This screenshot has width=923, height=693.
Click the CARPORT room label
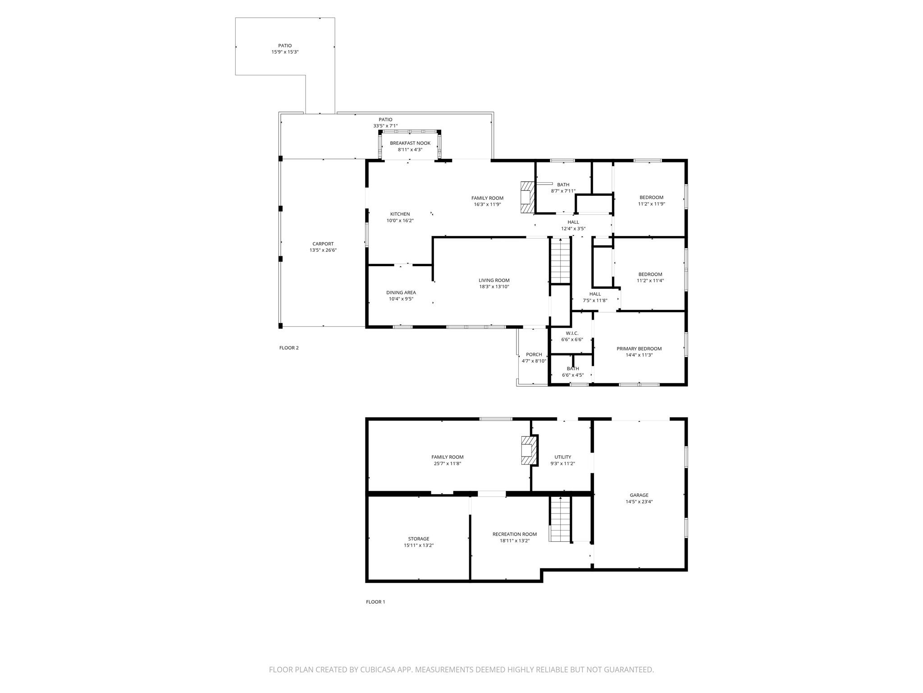323,244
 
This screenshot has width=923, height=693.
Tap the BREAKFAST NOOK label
410,143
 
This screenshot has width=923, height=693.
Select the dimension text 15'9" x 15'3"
285,52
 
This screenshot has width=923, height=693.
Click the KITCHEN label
400,214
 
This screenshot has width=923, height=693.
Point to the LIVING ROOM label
494,280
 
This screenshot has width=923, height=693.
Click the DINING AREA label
401,292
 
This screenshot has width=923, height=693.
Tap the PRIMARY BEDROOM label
639,348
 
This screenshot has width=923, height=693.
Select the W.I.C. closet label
572,333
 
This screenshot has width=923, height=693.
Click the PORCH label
534,355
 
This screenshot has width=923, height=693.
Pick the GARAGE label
639,495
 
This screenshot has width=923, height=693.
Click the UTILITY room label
563,457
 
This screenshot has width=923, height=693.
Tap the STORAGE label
419,539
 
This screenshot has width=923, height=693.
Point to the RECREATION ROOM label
515,534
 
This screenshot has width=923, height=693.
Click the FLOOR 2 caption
289,348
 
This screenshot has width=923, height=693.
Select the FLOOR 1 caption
375,602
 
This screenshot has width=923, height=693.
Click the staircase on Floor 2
561,261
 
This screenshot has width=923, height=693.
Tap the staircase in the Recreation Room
560,519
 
